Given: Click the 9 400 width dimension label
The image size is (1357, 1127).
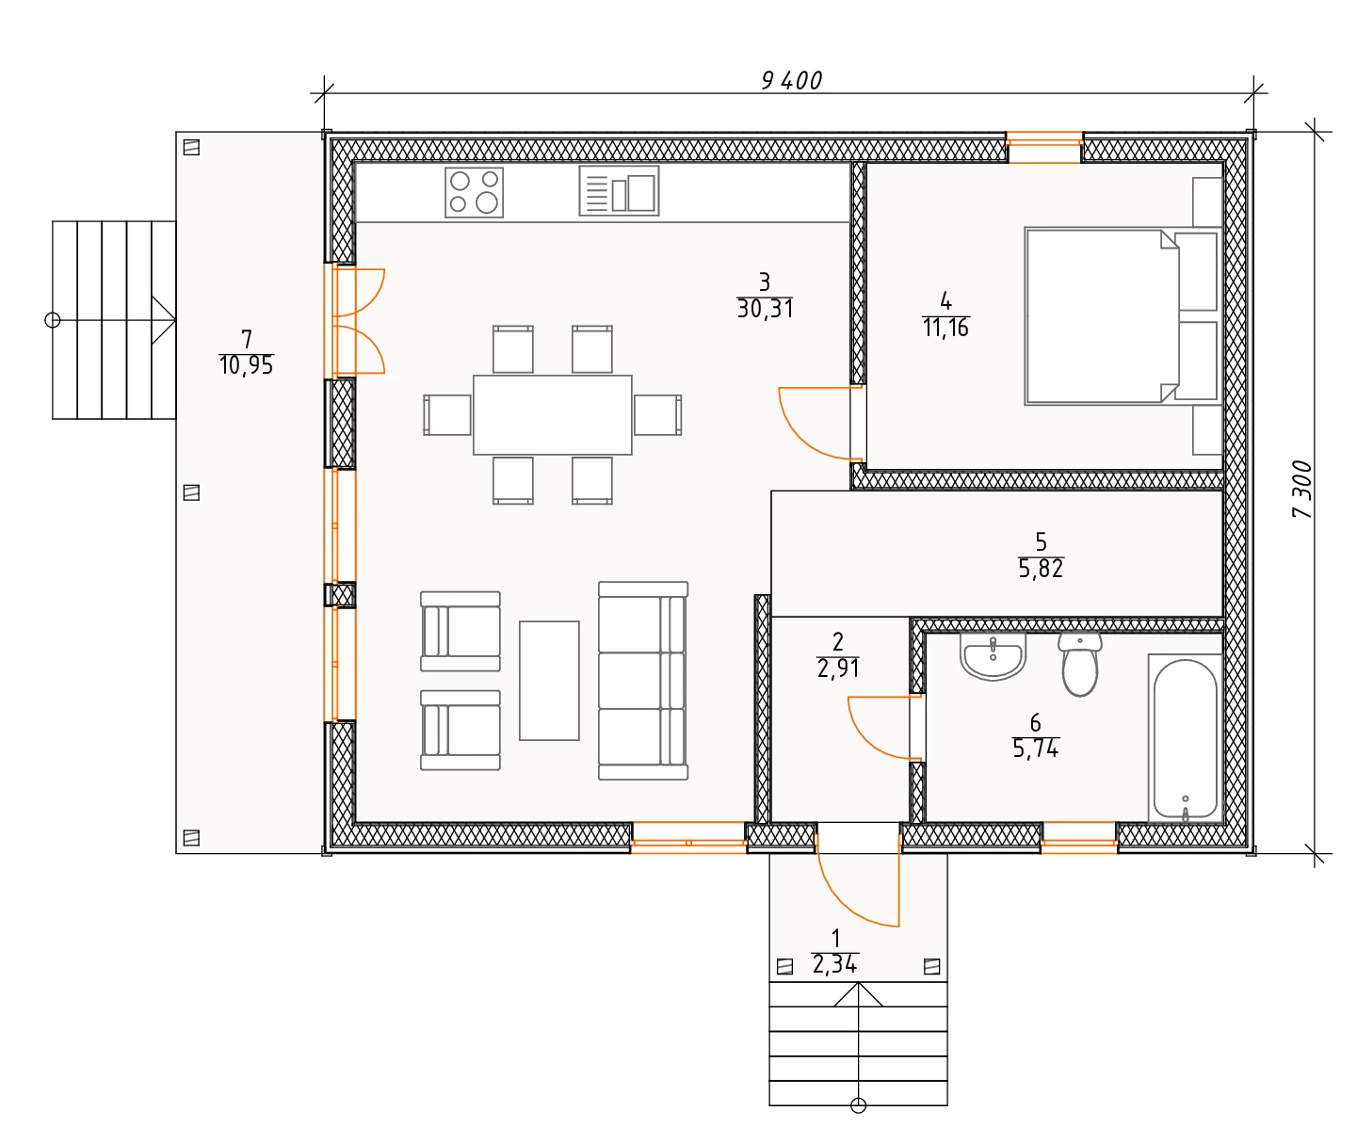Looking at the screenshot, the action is [x=792, y=81].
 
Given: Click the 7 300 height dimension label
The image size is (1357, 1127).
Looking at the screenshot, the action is [x=1301, y=489].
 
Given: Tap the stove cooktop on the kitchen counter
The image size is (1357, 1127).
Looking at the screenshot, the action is [x=474, y=192].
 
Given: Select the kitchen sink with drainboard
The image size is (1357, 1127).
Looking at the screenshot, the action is [x=619, y=190].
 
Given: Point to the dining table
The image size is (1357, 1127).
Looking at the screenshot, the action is [x=553, y=414].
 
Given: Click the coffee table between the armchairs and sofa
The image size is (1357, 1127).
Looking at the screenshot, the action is [x=549, y=681].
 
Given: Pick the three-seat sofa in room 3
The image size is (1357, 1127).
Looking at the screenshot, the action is [x=643, y=681].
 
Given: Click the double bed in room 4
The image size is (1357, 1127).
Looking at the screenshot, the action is [x=1121, y=315].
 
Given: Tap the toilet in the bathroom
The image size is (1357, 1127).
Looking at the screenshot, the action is [x=1079, y=664].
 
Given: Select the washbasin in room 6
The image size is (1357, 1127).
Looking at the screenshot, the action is [x=994, y=656].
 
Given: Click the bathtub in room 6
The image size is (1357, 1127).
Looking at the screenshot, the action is [x=1185, y=738].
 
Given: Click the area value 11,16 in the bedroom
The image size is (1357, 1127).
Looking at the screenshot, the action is [x=945, y=329].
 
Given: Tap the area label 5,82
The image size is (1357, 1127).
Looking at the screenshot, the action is [x=1041, y=570].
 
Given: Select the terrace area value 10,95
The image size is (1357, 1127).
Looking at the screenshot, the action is [x=247, y=366].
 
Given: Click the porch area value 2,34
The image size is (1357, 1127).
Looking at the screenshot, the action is [x=835, y=964].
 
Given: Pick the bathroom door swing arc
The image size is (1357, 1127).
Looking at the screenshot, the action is [x=866, y=740].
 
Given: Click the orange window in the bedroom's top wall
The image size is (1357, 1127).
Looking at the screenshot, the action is [x=1044, y=147].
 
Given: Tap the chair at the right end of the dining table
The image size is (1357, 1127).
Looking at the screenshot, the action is [x=657, y=414].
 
